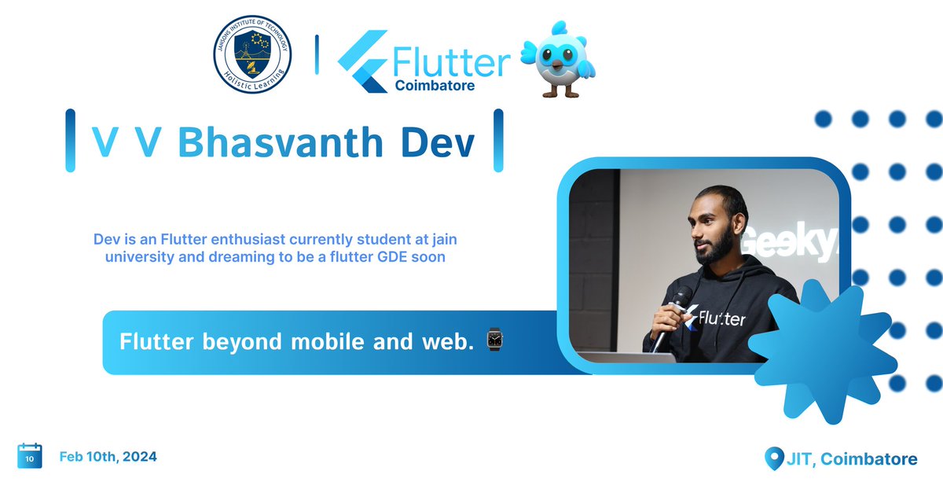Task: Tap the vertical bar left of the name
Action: [x=70, y=141]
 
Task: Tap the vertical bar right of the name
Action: [x=497, y=141]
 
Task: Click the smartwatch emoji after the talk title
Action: [x=494, y=340]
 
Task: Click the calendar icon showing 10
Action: [x=30, y=456]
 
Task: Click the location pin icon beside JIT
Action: [x=774, y=458]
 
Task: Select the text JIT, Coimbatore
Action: [x=852, y=458]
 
